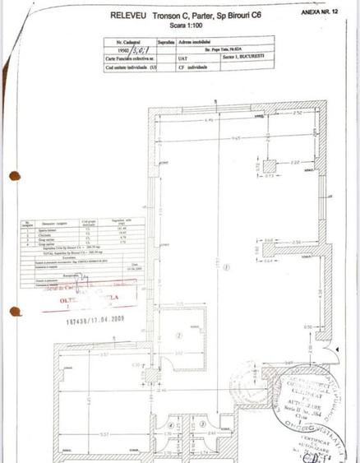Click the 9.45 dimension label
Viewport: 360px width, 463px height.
pos(213,138)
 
